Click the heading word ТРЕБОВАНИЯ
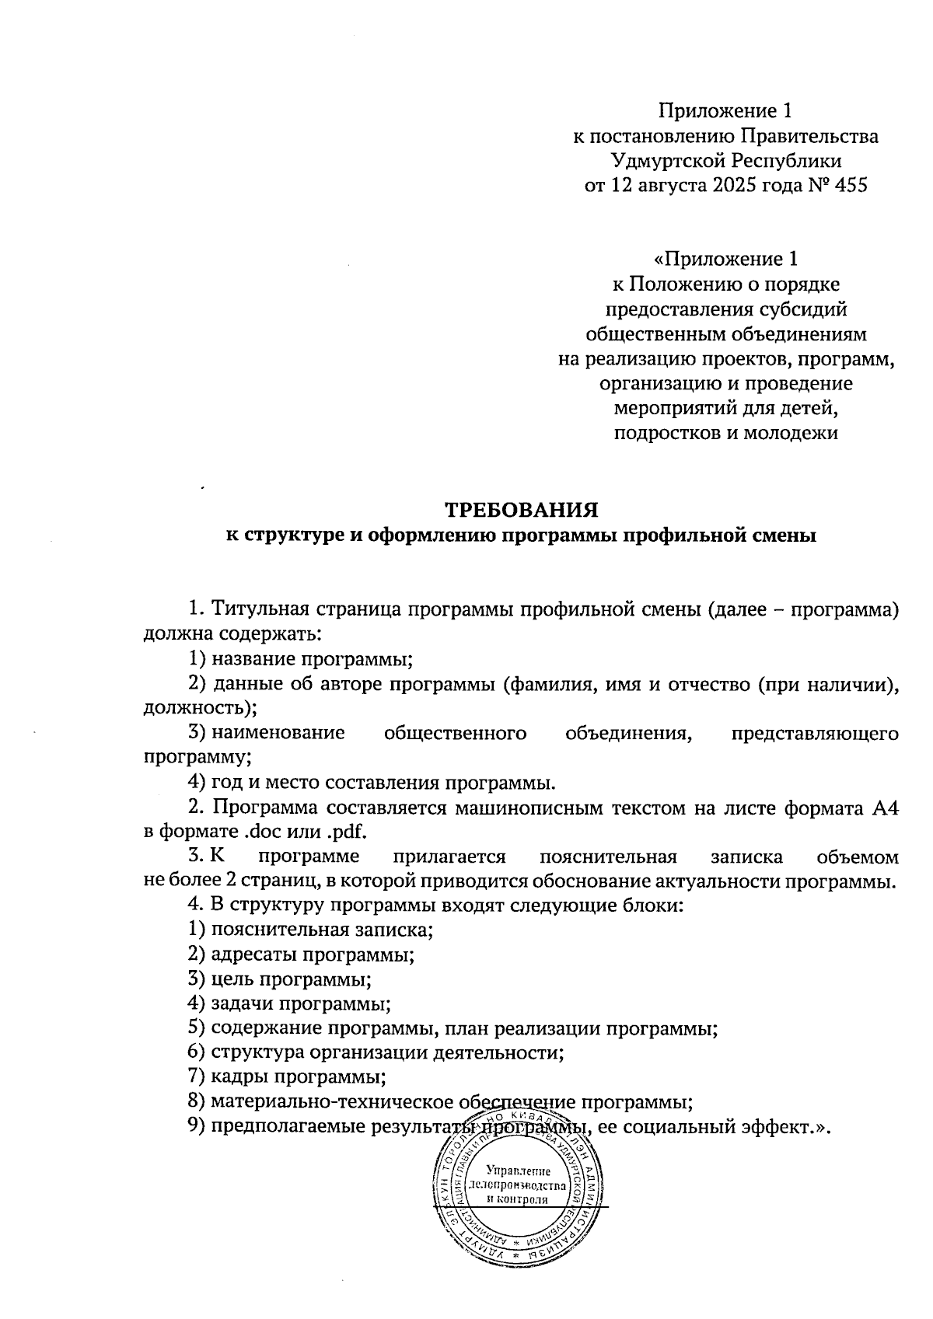tap(521, 511)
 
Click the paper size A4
tap(886, 808)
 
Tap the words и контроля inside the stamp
tap(518, 1199)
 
